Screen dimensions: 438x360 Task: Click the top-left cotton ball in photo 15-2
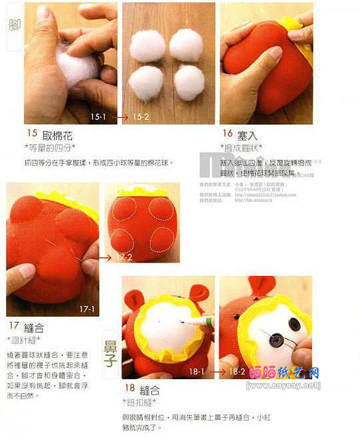148,46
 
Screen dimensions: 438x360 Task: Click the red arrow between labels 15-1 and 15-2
120,118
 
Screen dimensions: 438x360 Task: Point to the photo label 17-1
87,309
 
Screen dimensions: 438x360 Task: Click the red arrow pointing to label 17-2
106,257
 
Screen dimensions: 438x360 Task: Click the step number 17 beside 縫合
14,327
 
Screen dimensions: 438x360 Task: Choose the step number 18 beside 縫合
130,388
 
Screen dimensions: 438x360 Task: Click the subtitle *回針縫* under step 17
24,341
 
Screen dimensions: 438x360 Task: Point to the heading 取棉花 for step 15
55,135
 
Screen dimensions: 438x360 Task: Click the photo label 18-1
197,372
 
